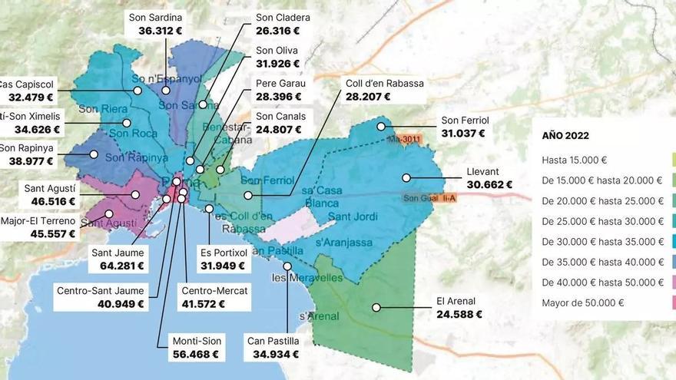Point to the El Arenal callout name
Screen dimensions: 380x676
[x=456, y=301]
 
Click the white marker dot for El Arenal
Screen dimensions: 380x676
[x=376, y=308]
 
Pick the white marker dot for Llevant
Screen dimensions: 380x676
[x=406, y=178]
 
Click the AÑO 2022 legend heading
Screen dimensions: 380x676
[x=565, y=136]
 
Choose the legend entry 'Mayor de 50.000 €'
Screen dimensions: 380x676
[x=582, y=302]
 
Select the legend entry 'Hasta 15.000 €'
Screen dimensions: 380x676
[x=574, y=160]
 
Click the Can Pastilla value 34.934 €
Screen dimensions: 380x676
[x=273, y=354]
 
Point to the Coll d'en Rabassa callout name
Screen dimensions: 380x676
[x=384, y=84]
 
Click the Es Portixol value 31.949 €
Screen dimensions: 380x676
[x=222, y=266]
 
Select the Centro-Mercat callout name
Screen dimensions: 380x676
[x=214, y=291]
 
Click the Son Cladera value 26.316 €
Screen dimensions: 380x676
[x=277, y=31]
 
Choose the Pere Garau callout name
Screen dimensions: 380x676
[x=280, y=84]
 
